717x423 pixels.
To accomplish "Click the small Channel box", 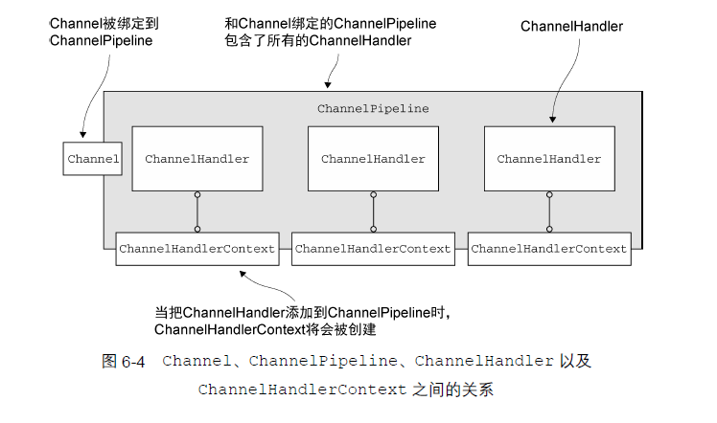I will coord(93,159).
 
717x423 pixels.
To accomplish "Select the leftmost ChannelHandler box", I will coord(197,159).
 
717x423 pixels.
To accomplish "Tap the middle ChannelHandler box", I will coord(373,159).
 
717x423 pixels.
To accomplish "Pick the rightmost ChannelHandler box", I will coord(549,159).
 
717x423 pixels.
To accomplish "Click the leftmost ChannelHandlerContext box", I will coord(197,249).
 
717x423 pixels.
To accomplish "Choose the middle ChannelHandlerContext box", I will coord(373,249).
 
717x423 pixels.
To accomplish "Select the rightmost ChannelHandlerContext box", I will coord(549,249).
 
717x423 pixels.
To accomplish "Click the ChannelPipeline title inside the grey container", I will coord(373,109).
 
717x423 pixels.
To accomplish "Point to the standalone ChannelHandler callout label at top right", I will coord(571,27).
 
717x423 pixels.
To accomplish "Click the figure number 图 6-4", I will coord(123,362).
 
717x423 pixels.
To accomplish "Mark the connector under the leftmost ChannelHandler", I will coord(197,211).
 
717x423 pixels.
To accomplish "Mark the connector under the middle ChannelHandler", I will coord(373,211).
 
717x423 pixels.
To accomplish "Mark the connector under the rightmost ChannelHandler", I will coord(549,211).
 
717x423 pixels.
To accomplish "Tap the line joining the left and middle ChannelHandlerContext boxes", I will coord(285,249).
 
